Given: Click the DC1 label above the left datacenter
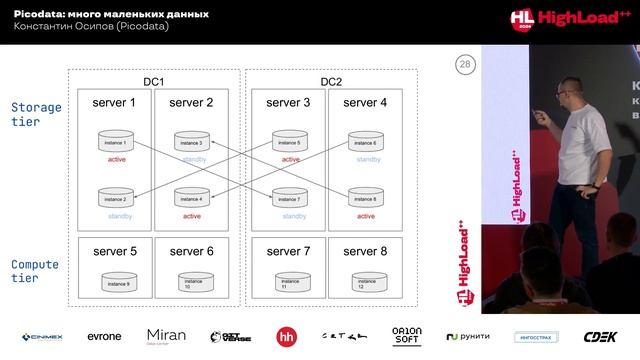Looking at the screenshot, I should coord(154,81).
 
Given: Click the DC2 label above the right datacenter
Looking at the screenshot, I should coord(331,81).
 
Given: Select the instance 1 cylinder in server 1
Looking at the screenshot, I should coord(117,143).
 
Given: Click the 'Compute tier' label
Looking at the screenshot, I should coord(35,271).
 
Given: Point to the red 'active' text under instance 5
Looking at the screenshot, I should coord(291,159).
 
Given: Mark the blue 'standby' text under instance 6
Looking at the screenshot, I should coord(367,159).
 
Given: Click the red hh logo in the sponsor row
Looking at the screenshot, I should coord(286,336).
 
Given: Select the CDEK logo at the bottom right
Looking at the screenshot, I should coord(600,336).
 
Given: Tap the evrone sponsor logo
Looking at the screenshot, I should coord(104,336).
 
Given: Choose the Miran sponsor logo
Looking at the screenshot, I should coord(166,336).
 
